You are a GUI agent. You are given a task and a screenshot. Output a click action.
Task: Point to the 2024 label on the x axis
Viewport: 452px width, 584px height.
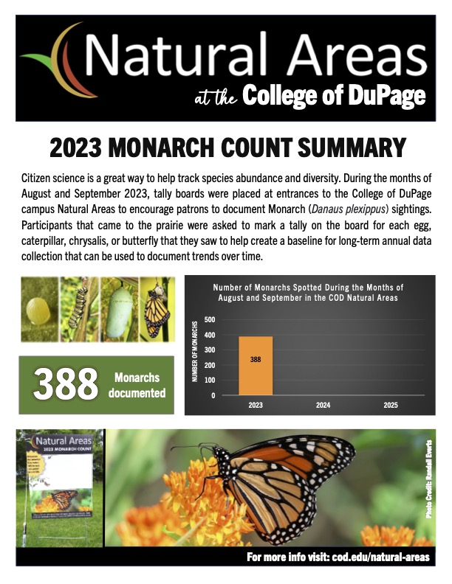pos(322,405)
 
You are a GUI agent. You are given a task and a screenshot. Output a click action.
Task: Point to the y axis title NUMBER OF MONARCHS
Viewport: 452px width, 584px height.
pos(195,351)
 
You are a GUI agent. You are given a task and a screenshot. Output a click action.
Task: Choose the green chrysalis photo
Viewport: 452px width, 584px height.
pos(121,307)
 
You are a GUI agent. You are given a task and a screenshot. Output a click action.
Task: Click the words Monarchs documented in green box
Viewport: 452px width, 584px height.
pos(137,384)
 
